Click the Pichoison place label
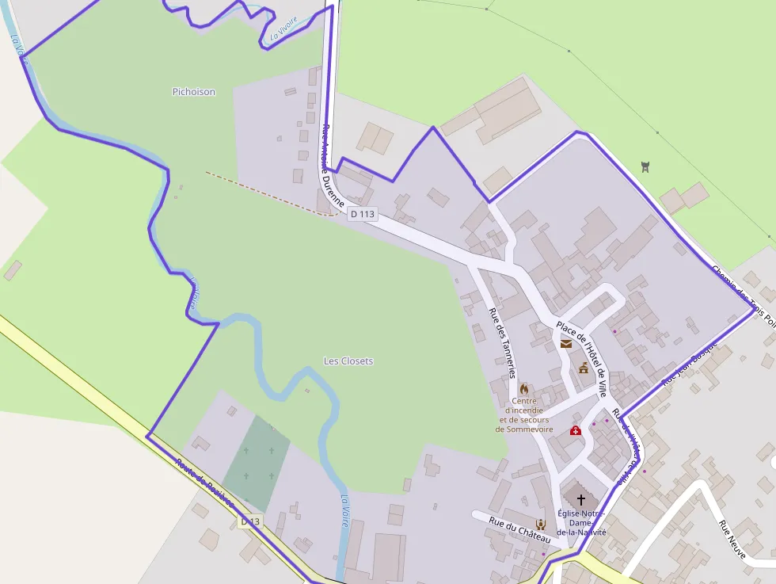coord(193,92)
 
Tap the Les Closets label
coord(348,361)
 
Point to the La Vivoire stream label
coord(283,28)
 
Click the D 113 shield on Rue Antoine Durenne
coord(362,214)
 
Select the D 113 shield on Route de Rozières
coord(250,521)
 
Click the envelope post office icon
coord(566,343)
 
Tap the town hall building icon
coord(584,368)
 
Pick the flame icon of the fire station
coord(523,389)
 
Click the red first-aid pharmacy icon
coord(576,430)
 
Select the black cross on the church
coord(581,499)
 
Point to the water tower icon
coord(645,166)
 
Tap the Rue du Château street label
coord(519,529)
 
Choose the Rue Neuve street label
coord(732,540)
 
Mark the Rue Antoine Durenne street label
coord(333,166)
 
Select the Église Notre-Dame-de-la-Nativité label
coord(581,523)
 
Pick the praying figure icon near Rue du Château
coord(540,524)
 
